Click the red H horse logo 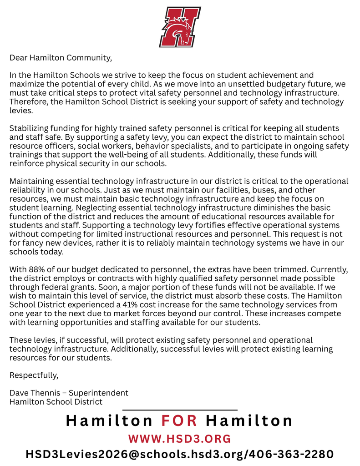coord(180,27)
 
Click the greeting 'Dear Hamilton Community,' coord(61,58)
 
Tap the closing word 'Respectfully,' coord(34,375)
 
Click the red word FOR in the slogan coord(179,421)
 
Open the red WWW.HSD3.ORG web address coord(180,439)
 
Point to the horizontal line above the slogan coord(180,410)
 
